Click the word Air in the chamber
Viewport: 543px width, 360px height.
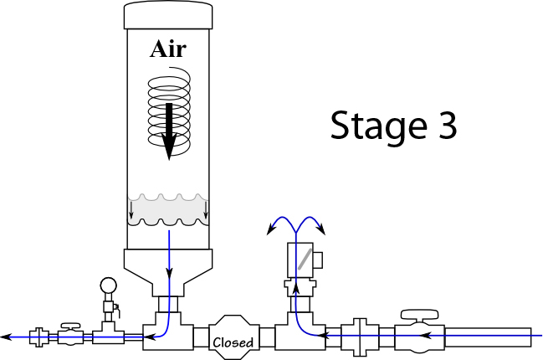(167, 49)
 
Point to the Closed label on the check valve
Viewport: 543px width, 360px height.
(233, 342)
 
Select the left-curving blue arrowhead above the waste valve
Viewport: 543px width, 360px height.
(270, 229)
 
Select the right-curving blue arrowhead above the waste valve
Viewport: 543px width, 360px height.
(322, 229)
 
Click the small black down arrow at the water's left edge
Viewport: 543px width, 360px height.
(131, 220)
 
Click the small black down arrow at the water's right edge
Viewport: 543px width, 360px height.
(206, 220)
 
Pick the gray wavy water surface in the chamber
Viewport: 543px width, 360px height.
(167, 209)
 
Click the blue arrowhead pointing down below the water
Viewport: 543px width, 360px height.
(170, 270)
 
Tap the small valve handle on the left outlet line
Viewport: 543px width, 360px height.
(69, 323)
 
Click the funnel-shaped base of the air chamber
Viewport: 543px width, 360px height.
(168, 266)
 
